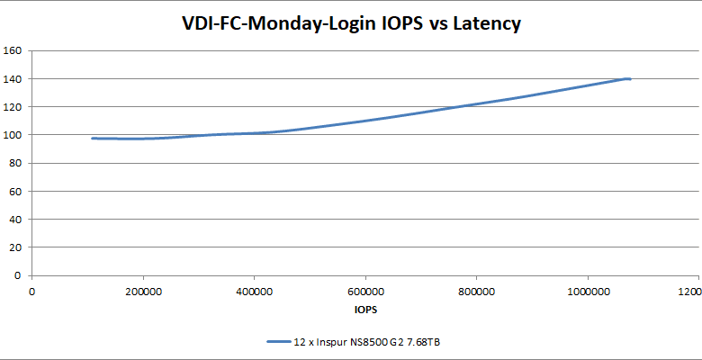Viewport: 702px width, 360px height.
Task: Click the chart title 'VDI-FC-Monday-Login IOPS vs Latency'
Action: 351,23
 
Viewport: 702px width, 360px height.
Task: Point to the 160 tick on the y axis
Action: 13,50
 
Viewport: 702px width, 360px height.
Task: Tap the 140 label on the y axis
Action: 13,78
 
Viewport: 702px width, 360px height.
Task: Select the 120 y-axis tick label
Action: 13,107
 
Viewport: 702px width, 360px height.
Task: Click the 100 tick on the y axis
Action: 13,135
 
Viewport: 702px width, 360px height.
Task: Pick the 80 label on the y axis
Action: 15,163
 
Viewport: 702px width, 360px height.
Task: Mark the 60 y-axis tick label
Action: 15,191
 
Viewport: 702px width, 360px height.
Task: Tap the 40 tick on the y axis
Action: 15,220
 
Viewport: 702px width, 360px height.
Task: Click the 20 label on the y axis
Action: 15,247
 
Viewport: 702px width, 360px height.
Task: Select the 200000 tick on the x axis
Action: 143,292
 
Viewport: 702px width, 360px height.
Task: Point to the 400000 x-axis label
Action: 255,292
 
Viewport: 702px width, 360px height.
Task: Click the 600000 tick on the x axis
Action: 365,292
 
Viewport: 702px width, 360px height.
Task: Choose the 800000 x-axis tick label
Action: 477,292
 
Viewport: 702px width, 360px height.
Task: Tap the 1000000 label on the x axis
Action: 588,292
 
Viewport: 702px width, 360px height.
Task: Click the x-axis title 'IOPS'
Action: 365,310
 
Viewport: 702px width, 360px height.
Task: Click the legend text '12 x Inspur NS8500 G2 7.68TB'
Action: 366,342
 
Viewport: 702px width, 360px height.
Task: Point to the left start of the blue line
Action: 93,138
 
